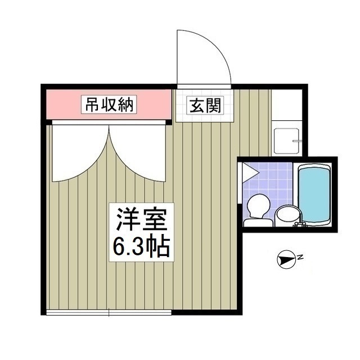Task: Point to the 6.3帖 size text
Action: click(141, 247)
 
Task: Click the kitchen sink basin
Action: click(284, 141)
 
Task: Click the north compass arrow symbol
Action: click(286, 259)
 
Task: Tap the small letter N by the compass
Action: click(300, 258)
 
